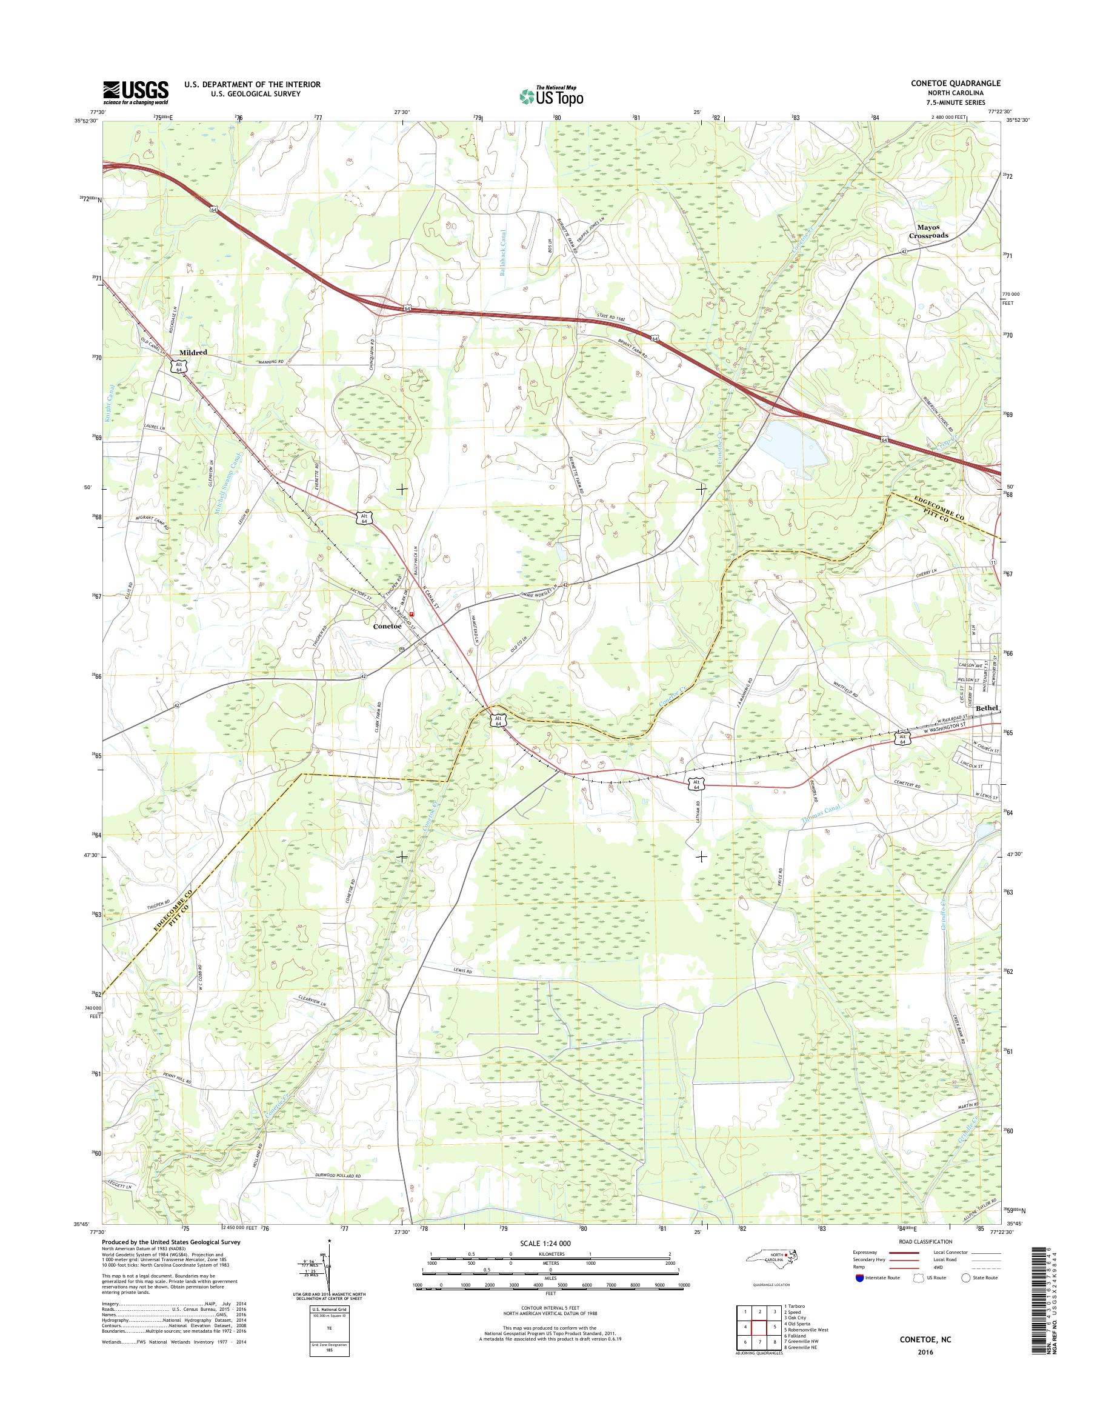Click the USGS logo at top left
(x=136, y=92)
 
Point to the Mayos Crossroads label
(x=928, y=232)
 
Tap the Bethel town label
(x=987, y=708)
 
